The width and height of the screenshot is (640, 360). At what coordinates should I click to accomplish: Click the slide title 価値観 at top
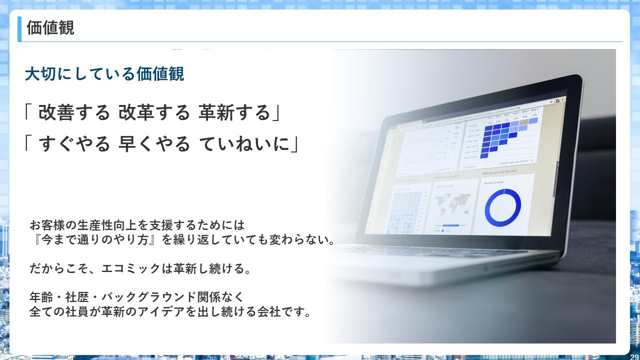coord(50,27)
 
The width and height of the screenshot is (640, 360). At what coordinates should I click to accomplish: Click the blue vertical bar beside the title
coord(19,28)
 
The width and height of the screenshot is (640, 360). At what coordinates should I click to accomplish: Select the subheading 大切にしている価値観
coord(104,74)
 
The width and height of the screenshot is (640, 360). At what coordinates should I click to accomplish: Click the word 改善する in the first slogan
coord(73,113)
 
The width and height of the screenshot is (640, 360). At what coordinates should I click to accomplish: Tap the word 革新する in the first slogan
coord(234,113)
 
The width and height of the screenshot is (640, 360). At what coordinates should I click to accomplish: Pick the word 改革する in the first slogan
coord(154,113)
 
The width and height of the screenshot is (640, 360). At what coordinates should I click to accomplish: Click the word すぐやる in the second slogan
coord(73,144)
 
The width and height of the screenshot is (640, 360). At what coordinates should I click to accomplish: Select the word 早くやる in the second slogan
coord(154,144)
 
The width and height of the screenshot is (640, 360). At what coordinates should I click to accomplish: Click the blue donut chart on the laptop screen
coord(502,206)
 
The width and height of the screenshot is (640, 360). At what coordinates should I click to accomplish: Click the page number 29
coord(634,356)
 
